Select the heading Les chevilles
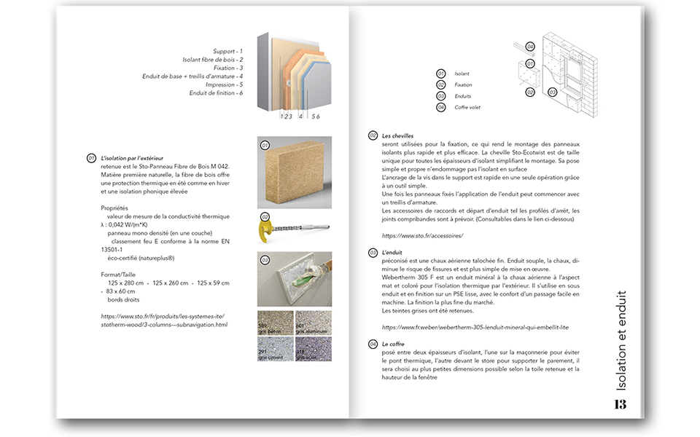[397, 135]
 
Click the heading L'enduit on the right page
[392, 251]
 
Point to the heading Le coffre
[393, 343]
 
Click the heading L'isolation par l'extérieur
[132, 158]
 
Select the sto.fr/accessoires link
[422, 236]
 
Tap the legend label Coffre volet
[467, 108]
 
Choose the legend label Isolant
[462, 74]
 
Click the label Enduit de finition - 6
[216, 92]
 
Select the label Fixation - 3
[225, 68]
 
